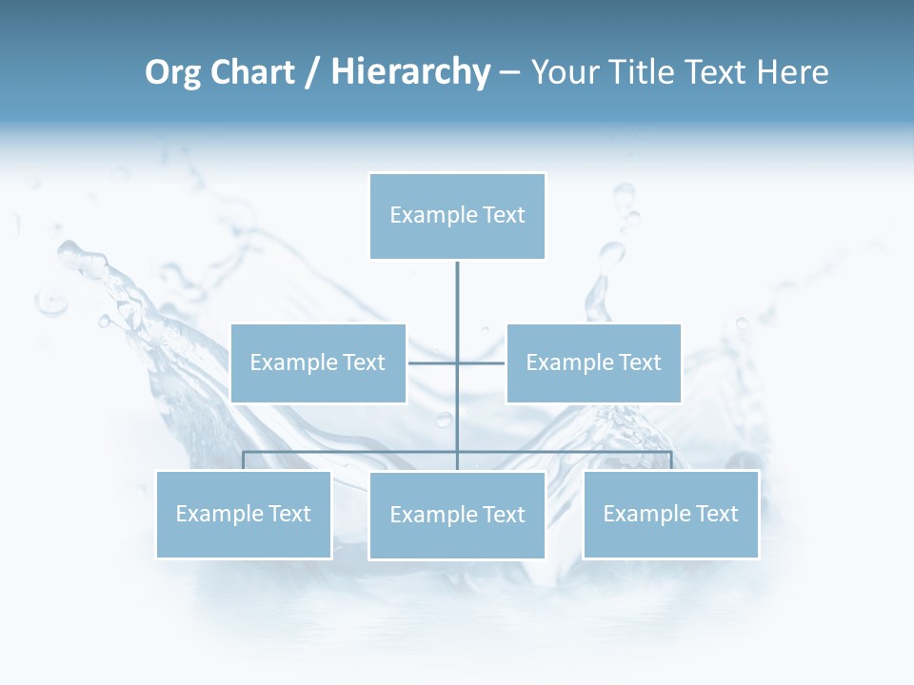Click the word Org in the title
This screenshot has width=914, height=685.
pyautogui.click(x=171, y=72)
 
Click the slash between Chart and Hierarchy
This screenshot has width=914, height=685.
pyautogui.click(x=312, y=72)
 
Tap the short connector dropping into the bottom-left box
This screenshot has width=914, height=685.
pyautogui.click(x=244, y=460)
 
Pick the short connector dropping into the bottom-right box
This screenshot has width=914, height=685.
pyautogui.click(x=671, y=460)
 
